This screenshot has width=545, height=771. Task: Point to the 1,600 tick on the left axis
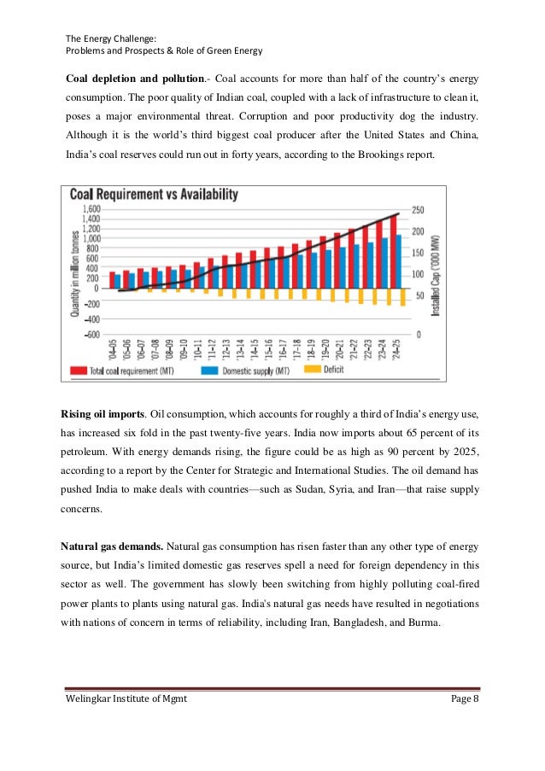pyautogui.click(x=90, y=209)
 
